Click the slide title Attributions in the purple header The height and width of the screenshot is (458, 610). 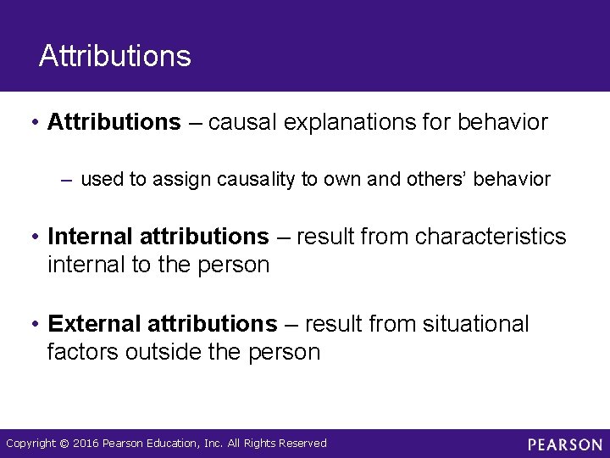coord(115,57)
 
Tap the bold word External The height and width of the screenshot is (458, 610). coord(95,324)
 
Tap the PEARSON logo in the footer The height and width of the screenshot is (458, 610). coord(564,444)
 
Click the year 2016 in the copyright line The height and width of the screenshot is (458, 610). coord(86,444)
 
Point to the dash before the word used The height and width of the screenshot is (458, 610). coord(68,180)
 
